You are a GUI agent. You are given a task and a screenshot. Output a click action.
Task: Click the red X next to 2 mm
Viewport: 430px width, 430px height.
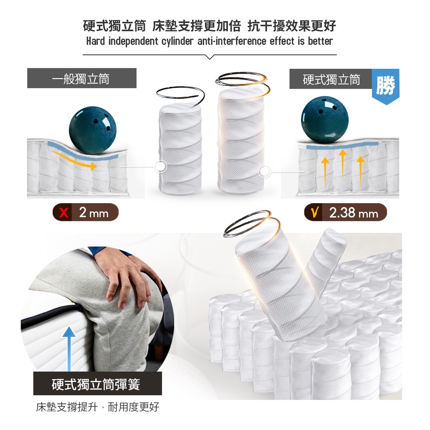pos(64,212)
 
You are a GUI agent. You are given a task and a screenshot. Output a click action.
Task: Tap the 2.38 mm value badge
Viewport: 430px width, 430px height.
pos(346,212)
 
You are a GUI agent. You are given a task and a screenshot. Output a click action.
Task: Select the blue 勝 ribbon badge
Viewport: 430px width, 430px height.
pos(385,86)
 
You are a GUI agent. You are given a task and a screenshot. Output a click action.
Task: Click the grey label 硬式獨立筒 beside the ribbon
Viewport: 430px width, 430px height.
pos(331,79)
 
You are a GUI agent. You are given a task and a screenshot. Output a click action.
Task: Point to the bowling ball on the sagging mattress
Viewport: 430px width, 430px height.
pos(93,131)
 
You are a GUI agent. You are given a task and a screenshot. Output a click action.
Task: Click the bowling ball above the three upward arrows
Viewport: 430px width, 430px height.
pos(325,120)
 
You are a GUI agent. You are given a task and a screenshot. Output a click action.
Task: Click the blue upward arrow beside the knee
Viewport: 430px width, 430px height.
pos(69,349)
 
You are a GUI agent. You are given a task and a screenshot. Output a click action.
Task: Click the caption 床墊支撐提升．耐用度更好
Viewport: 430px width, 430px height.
pos(97,407)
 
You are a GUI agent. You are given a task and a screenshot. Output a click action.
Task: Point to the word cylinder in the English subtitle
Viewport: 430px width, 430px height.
pos(178,41)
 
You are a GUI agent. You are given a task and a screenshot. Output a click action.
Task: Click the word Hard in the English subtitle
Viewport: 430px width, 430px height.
pos(95,41)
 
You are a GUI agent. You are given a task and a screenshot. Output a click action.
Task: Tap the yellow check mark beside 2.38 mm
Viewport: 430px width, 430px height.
pos(315,212)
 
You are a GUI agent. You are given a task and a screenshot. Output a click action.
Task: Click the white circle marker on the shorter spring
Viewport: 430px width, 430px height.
pos(161,166)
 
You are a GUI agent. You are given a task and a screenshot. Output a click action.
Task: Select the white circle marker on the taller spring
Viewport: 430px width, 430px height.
pos(265,172)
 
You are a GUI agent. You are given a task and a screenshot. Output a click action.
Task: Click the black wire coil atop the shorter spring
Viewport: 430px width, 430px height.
pos(180,96)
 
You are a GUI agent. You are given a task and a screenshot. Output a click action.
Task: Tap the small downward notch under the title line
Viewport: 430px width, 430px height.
pos(210,57)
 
